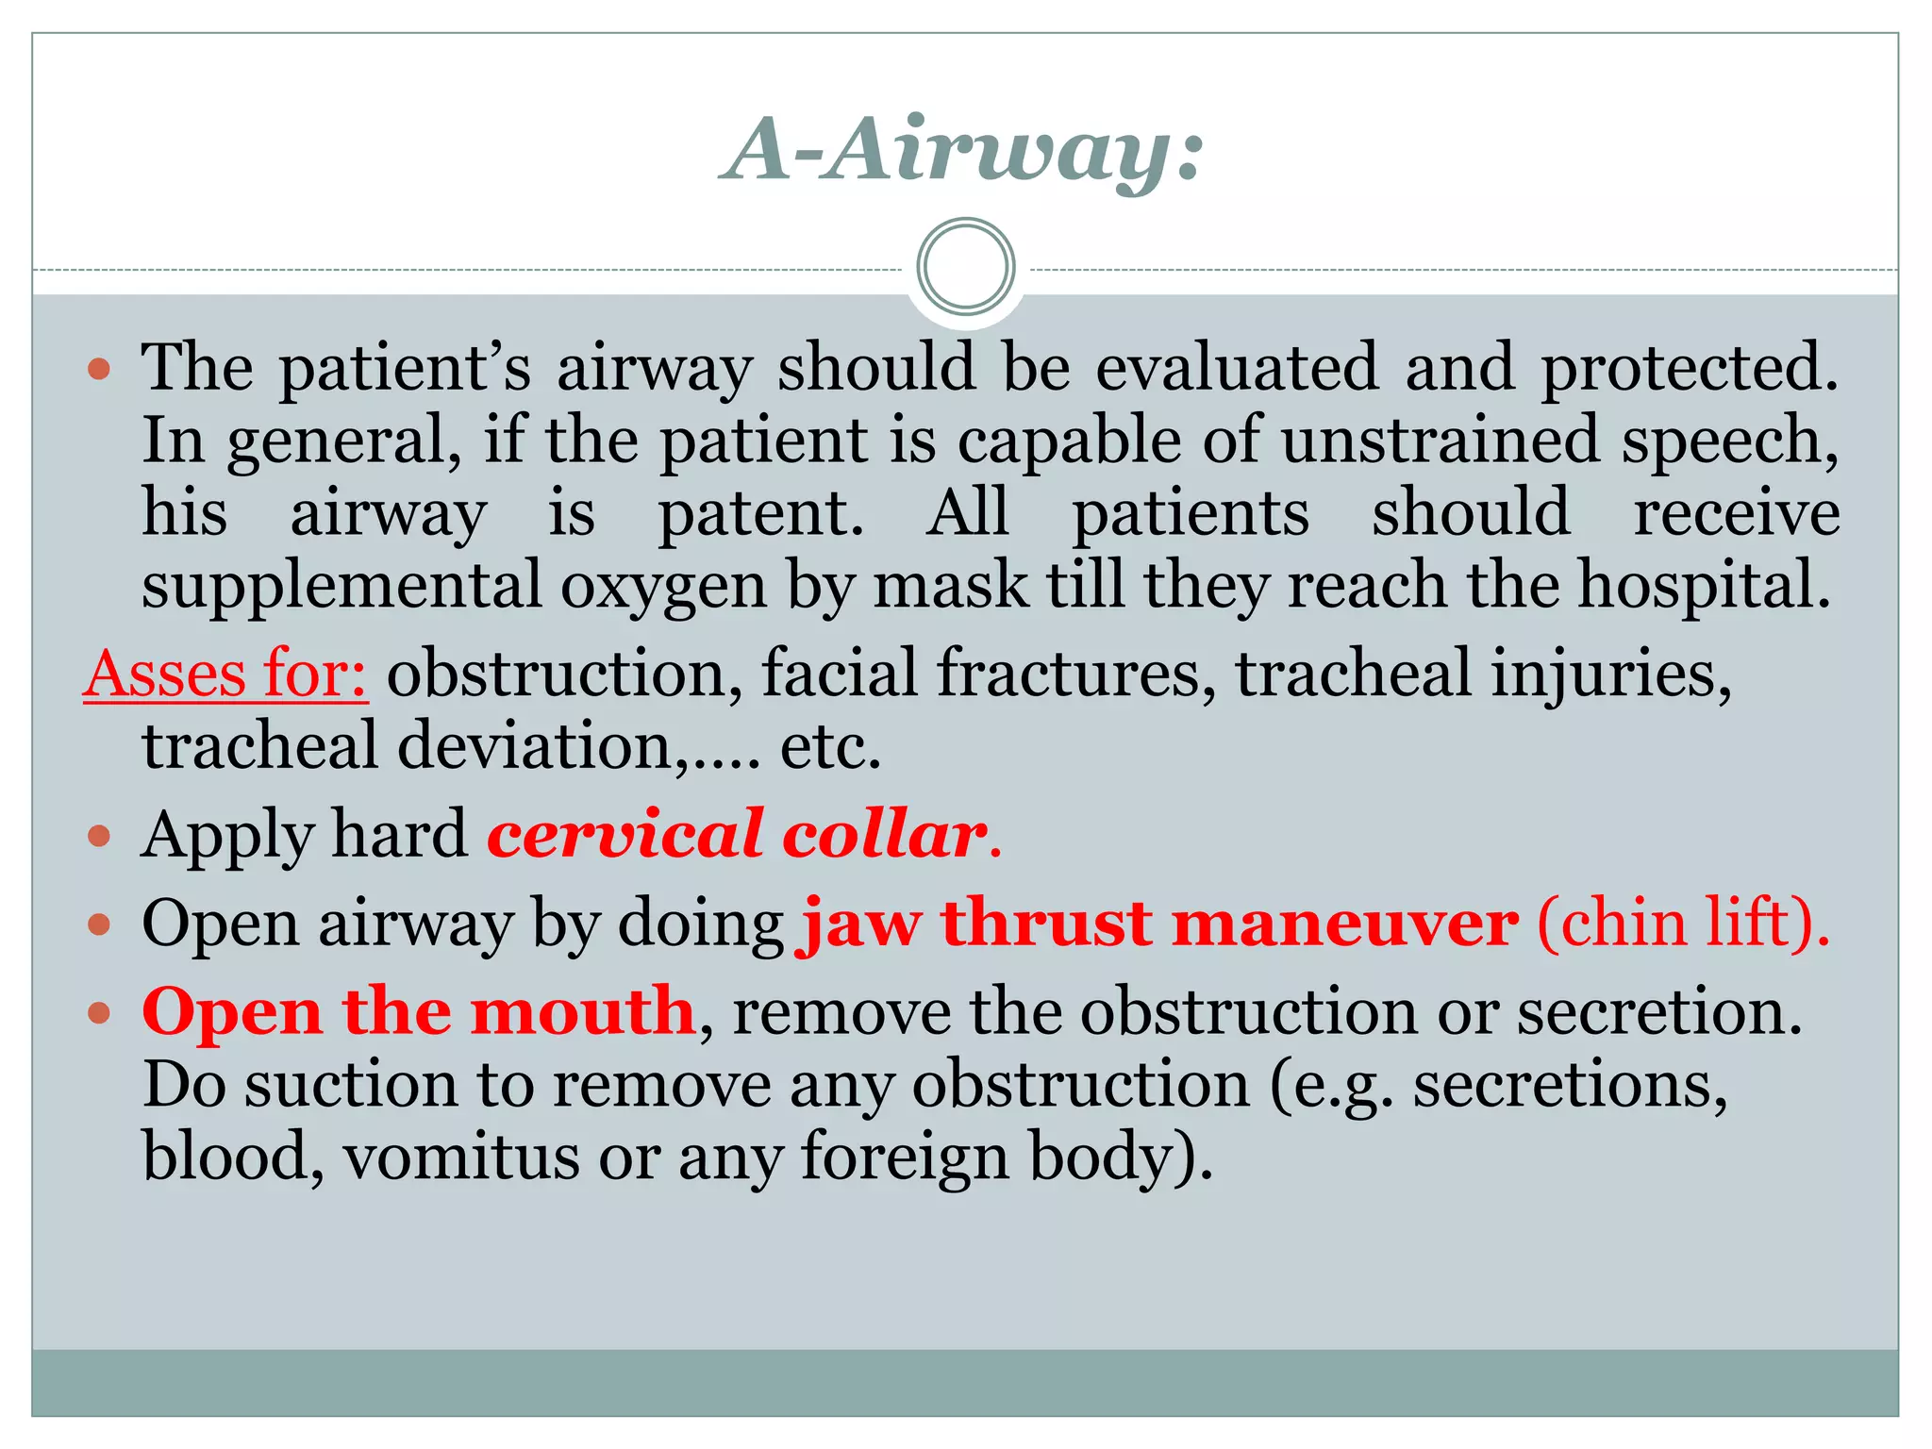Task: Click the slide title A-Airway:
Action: [962, 151]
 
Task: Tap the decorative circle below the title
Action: [965, 266]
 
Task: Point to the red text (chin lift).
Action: [1683, 923]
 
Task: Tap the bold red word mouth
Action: [582, 1011]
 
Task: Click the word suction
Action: [352, 1085]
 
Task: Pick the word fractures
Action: [1076, 674]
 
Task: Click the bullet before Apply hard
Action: [99, 836]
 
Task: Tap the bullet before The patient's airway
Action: [99, 368]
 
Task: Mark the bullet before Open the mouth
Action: [99, 1013]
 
